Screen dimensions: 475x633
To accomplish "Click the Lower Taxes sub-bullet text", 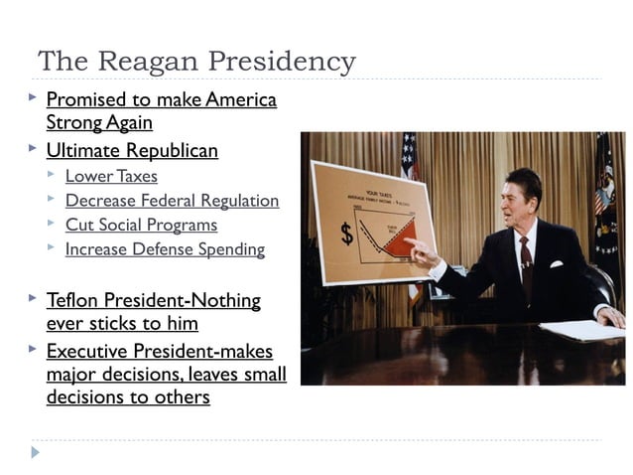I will tap(110, 176).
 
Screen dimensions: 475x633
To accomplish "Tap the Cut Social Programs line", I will tap(141, 225).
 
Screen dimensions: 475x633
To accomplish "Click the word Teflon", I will tap(73, 300).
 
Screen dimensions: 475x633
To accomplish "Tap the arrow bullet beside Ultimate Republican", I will tap(33, 149).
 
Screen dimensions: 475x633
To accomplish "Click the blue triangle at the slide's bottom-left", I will tap(36, 453).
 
